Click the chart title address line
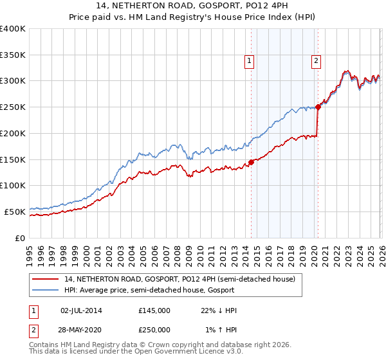pos(192,6)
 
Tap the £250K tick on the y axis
pos(13,107)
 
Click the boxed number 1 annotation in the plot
pos(249,61)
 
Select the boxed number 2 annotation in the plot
pos(317,61)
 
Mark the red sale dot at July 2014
pos(251,162)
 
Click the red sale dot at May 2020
pos(318,107)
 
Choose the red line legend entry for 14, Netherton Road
pos(179,280)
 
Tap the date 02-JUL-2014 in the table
pos(81,310)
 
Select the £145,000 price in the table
pos(154,310)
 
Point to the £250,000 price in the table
pos(154,330)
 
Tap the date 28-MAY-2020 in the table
pos(81,330)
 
